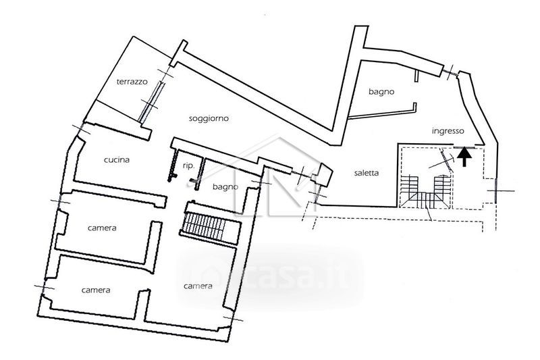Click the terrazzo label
132,82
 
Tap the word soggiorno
209,118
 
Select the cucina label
117,159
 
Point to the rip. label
189,165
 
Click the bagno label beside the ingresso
381,92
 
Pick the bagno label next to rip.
225,186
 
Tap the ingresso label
448,131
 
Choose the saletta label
367,173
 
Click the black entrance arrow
464,157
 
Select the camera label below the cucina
102,228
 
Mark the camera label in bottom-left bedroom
96,290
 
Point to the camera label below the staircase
198,286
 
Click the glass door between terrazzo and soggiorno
150,101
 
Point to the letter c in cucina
106,160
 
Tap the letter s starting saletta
356,174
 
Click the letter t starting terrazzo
118,82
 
